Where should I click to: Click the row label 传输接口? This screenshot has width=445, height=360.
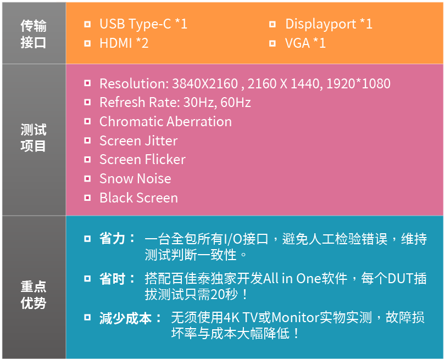click(x=33, y=34)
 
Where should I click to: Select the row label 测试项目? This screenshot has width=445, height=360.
click(x=33, y=138)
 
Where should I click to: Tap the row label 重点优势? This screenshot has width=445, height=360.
click(x=33, y=295)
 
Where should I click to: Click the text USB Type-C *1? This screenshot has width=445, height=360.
click(x=143, y=24)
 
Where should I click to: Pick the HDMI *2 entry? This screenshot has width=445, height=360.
click(x=124, y=43)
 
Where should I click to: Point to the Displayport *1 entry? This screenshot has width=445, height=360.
click(x=329, y=24)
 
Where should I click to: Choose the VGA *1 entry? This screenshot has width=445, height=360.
click(x=305, y=43)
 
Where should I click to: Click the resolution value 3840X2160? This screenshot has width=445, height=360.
click(x=205, y=83)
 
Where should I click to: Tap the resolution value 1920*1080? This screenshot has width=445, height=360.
click(x=358, y=83)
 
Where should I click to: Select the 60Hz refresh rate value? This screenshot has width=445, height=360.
click(x=236, y=102)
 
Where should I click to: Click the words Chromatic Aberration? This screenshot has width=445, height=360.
click(x=165, y=122)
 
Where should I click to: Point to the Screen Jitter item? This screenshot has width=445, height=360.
click(x=138, y=141)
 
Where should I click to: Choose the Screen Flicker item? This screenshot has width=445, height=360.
click(x=142, y=160)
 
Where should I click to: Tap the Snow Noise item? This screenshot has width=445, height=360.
click(x=135, y=179)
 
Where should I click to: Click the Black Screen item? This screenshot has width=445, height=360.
click(x=138, y=198)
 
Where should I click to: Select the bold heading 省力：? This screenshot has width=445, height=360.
click(x=118, y=239)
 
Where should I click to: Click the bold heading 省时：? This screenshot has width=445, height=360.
click(x=118, y=279)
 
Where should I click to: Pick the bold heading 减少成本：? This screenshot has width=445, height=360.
click(x=131, y=318)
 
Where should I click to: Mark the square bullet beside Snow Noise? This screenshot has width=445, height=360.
click(x=87, y=179)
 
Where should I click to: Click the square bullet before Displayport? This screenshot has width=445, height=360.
click(x=272, y=24)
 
